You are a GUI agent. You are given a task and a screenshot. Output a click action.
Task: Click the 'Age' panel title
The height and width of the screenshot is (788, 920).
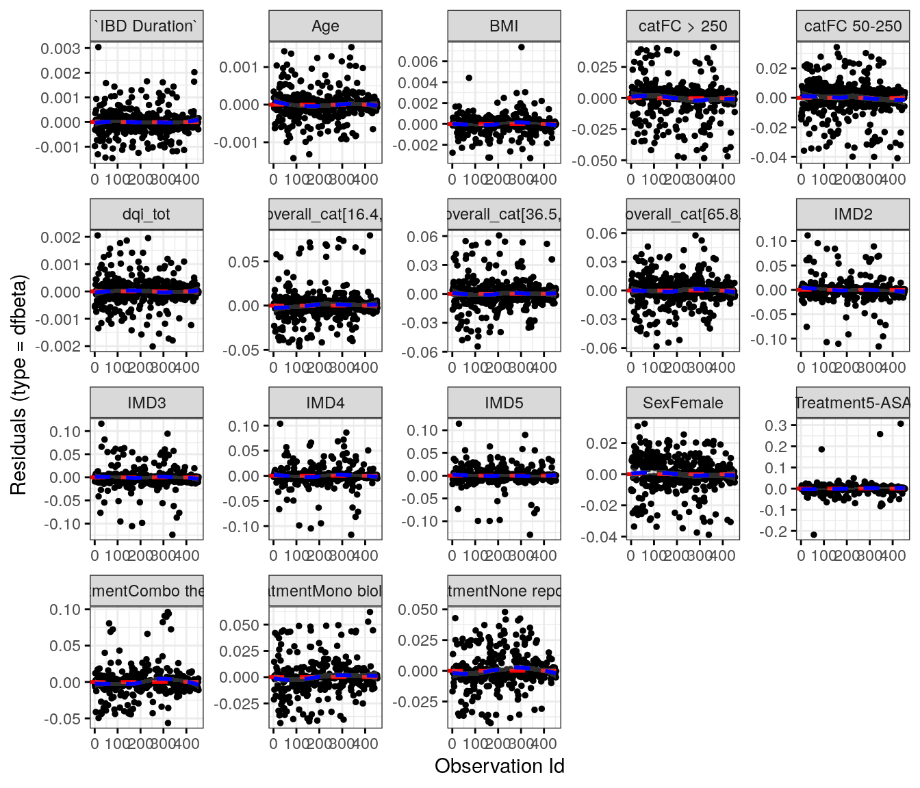click(325, 26)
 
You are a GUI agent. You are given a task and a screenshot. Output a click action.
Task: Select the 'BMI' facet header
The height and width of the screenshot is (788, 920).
click(504, 26)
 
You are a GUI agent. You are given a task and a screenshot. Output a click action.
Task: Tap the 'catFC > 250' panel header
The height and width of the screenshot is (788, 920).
click(682, 26)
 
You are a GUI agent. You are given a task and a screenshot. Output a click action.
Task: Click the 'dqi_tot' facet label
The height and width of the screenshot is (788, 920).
click(146, 214)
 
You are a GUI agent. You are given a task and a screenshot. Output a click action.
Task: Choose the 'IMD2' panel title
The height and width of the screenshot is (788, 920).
click(853, 214)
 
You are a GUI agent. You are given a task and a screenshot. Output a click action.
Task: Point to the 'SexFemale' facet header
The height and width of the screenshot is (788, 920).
click(682, 403)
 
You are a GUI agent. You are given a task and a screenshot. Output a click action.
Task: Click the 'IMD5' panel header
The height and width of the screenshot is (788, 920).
click(504, 403)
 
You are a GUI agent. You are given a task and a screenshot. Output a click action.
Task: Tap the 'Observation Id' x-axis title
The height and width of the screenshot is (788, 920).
click(499, 766)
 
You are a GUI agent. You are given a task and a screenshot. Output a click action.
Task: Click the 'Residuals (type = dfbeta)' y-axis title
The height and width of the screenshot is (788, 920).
click(18, 384)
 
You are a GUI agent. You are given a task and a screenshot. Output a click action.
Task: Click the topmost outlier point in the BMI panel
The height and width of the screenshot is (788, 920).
click(521, 47)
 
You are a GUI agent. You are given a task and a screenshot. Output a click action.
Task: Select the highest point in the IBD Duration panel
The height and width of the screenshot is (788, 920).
click(98, 47)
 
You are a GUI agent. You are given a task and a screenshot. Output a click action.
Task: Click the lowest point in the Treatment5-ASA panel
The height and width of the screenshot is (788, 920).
click(814, 535)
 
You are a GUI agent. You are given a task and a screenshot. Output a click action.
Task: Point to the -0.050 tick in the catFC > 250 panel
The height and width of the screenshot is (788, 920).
click(598, 161)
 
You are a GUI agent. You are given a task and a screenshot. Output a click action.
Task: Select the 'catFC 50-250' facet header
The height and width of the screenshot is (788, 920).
click(853, 26)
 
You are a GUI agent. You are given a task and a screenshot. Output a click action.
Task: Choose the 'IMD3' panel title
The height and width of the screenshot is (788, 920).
click(146, 403)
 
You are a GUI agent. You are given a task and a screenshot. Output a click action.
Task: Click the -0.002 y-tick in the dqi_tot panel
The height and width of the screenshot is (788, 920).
click(62, 346)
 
